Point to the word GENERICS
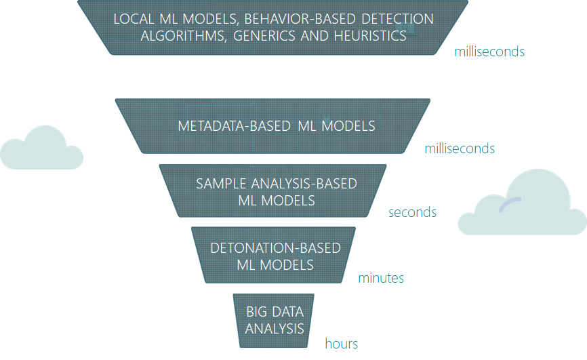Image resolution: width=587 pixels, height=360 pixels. click(260, 35)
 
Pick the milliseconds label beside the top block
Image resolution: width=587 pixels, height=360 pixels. click(489, 52)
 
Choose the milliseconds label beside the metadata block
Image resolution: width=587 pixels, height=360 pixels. click(460, 148)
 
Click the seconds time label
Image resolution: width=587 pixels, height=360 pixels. click(412, 212)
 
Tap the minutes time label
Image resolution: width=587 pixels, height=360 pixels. click(381, 278)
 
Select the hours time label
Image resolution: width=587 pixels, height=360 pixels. click(341, 344)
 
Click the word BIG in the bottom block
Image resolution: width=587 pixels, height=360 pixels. click(256, 312)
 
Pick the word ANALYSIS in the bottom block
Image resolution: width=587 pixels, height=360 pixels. click(275, 329)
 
